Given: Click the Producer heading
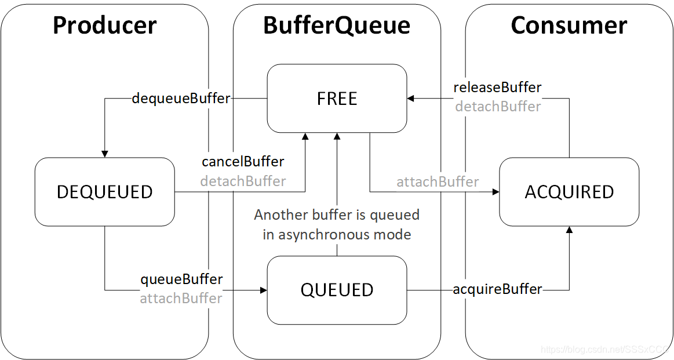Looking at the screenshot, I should click(x=104, y=26).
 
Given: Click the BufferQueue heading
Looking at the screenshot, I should click(x=337, y=26).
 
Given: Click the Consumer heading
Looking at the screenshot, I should click(x=569, y=26).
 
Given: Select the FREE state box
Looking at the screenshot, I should click(x=337, y=99).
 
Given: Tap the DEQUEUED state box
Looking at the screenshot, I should click(x=105, y=192).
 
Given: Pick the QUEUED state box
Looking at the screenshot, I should click(x=337, y=290).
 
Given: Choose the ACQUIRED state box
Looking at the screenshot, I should click(x=569, y=192).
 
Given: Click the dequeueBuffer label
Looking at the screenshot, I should click(x=181, y=99).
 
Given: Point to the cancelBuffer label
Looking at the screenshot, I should click(x=243, y=161).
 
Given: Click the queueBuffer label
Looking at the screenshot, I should click(x=181, y=279).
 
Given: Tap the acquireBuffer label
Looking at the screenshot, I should click(x=497, y=289).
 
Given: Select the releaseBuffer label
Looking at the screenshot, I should click(x=497, y=88).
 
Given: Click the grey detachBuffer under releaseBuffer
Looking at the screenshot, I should click(x=498, y=107).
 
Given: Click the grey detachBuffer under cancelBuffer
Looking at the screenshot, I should click(x=243, y=181).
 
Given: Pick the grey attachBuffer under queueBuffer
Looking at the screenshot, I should click(x=181, y=299).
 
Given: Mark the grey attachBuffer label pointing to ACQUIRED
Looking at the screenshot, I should click(x=438, y=182).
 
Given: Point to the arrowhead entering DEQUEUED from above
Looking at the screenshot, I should click(x=105, y=154).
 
